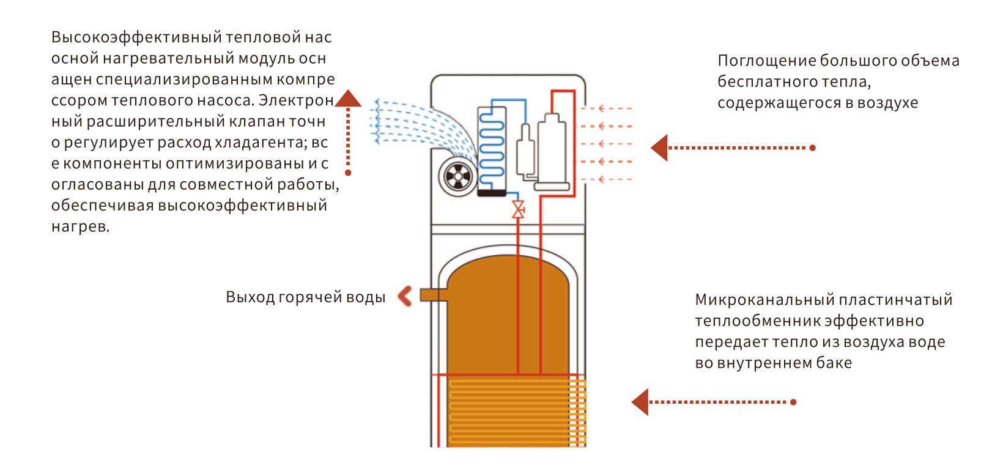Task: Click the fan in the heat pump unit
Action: pos(457,176)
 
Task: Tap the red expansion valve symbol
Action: pos(518,210)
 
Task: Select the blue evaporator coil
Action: pos(492,149)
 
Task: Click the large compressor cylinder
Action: pos(552,152)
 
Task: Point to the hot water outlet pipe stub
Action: pos(434,295)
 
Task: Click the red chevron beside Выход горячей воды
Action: pos(405,296)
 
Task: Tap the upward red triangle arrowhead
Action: pos(348,98)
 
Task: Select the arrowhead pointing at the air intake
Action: pos(659,147)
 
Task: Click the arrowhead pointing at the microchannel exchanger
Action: pos(640,402)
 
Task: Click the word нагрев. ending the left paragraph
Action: pos(80,226)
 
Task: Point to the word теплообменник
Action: pos(756,321)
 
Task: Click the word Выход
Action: pos(250,297)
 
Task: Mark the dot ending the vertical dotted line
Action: pos(348,173)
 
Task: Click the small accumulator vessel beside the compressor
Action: pos(525,152)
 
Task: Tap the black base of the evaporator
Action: pos(492,193)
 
